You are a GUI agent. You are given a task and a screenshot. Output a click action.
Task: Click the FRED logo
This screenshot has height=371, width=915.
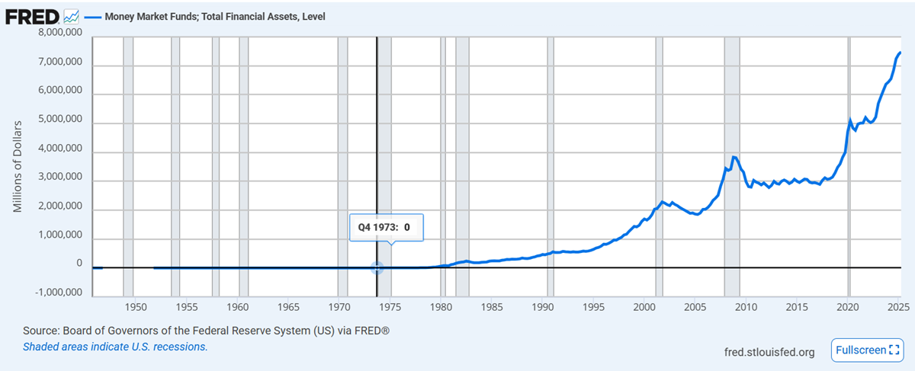pyautogui.click(x=32, y=15)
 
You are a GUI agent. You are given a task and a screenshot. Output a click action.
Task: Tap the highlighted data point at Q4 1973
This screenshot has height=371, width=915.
pyautogui.click(x=377, y=267)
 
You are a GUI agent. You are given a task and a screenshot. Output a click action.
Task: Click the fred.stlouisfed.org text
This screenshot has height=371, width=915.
pyautogui.click(x=770, y=352)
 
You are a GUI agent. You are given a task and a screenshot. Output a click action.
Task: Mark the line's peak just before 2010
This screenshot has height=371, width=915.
pyautogui.click(x=734, y=157)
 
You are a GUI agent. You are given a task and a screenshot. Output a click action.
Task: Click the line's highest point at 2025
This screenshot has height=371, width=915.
pyautogui.click(x=901, y=52)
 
